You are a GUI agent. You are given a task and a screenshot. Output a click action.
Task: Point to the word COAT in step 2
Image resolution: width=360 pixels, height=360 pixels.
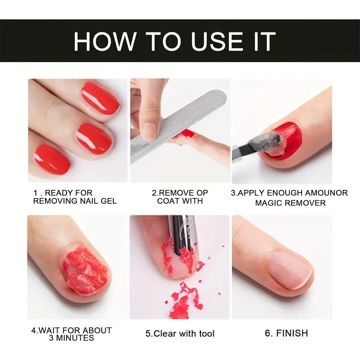tap(167, 201)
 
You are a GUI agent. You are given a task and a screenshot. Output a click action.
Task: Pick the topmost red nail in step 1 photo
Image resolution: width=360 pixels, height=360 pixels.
tap(100, 98)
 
